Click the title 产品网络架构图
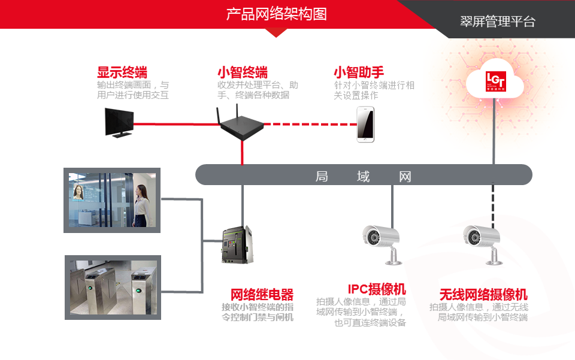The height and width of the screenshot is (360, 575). [276, 14]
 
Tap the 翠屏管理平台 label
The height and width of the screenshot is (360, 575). [497, 22]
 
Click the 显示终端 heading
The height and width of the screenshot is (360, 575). [122, 72]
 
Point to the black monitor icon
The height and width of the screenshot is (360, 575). [119, 122]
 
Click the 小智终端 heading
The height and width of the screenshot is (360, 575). [242, 72]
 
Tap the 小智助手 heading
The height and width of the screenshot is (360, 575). [359, 72]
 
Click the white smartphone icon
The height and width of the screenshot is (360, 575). [365, 124]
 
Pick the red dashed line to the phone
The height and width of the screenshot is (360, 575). [311, 124]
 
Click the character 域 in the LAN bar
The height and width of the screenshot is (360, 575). [363, 176]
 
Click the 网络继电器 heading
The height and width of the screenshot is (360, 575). [262, 294]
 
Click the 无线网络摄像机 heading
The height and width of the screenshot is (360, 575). [483, 294]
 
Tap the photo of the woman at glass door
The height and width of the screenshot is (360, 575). [113, 200]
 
